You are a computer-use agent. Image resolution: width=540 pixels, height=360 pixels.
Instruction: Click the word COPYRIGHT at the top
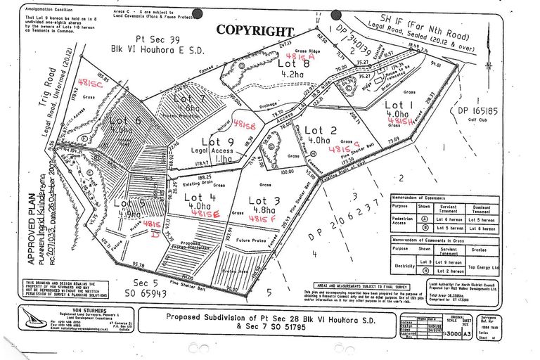click(255, 30)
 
